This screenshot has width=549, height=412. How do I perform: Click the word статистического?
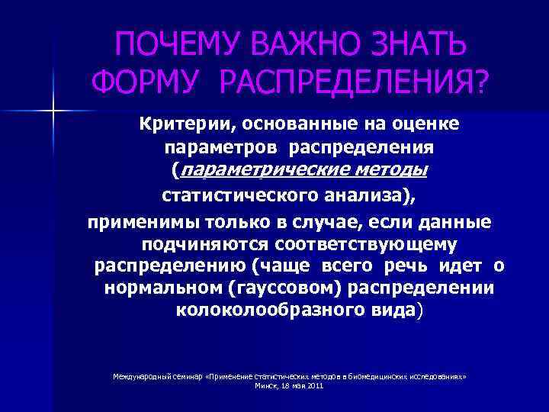tap(236, 195)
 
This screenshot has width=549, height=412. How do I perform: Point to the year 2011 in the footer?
tap(316, 386)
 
